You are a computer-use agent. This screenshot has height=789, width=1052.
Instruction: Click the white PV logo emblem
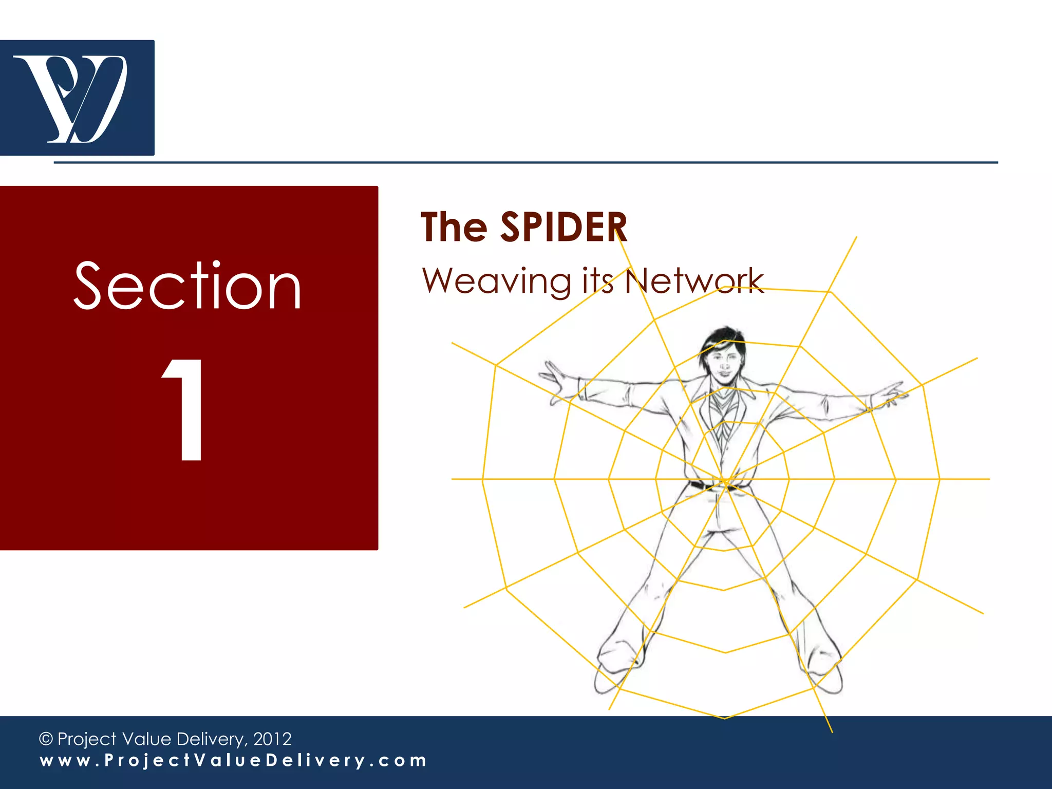(71, 98)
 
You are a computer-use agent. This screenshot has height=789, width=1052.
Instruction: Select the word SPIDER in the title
(563, 227)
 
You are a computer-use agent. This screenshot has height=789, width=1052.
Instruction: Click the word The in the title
(454, 227)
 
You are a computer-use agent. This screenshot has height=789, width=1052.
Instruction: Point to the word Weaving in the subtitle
(496, 281)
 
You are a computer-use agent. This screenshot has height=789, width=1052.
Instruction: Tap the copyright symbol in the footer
(46, 739)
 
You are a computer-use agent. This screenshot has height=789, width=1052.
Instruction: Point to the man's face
(724, 365)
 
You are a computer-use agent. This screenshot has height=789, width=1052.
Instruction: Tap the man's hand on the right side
(889, 394)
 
